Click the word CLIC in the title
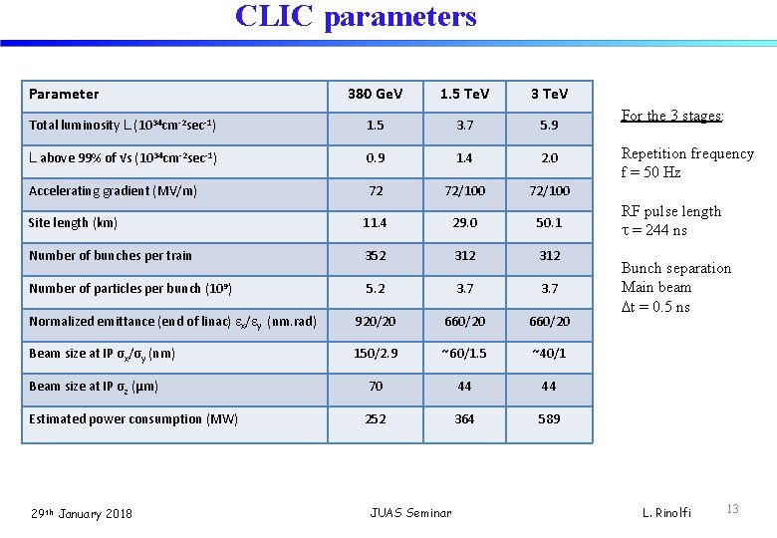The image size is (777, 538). coord(272,17)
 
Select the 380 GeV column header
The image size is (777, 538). coord(375,94)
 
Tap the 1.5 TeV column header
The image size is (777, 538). coord(464,94)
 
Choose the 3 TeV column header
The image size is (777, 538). coord(549,94)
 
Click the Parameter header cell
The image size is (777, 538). coord(64,94)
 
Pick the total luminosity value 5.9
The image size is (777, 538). coord(549,126)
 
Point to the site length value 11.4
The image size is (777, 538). coord(375,223)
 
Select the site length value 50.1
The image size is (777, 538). coord(549,223)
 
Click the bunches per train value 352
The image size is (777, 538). coord(375,255)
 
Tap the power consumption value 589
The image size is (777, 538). coord(549,419)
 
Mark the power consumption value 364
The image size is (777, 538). coord(464,419)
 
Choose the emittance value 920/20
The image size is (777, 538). coord(375,321)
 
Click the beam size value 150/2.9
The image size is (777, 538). coord(375,354)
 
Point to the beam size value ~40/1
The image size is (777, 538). coord(549,354)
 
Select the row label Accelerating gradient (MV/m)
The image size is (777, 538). coord(113,190)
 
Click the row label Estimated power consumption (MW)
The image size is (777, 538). coord(133,419)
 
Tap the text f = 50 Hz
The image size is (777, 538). coord(651,172)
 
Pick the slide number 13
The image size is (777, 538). coord(732,509)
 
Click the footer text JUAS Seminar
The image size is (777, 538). coord(410,513)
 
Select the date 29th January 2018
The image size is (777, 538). coord(81,513)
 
